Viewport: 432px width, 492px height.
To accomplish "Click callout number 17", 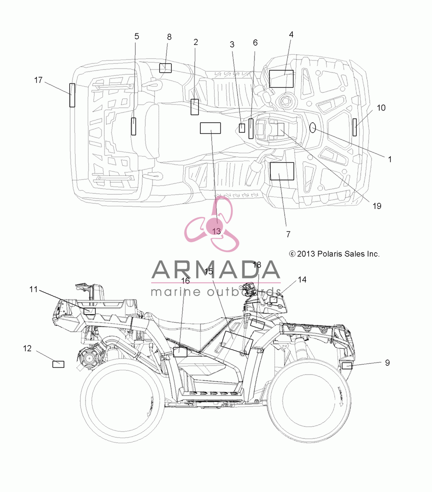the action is tap(38, 80).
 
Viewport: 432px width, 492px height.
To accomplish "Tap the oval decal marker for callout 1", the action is tap(313, 127).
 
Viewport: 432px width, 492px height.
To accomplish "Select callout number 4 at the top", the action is tap(291, 35).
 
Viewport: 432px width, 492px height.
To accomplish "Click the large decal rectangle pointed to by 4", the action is tap(281, 79).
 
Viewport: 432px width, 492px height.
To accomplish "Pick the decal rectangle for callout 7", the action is tap(282, 171).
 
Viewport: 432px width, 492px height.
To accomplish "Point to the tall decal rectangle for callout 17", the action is tap(72, 95).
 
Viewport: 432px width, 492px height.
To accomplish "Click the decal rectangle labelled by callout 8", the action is tap(165, 68).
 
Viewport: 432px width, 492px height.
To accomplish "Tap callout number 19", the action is tap(377, 206).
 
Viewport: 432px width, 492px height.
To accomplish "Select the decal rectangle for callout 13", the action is tap(210, 128).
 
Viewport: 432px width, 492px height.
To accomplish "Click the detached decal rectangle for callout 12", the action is tap(58, 364).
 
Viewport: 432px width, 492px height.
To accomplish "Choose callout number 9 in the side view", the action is tap(388, 363).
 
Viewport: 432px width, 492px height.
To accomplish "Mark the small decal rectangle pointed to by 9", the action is tap(347, 366).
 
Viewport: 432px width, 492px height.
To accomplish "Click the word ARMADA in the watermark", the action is tap(216, 270).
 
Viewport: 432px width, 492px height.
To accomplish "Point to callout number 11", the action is tap(34, 289).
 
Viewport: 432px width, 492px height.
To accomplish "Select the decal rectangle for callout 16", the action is tap(180, 352).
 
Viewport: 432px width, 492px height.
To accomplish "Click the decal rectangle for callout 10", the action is tap(355, 127).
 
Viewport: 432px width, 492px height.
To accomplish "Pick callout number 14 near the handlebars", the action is tap(302, 280).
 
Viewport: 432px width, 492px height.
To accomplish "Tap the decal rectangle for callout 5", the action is tap(133, 126).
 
